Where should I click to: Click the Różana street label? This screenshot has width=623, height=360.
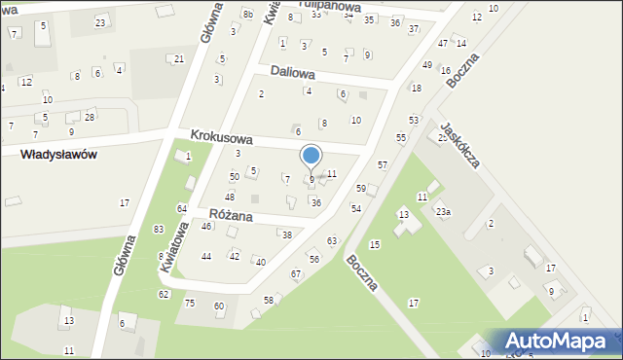(x=231, y=214)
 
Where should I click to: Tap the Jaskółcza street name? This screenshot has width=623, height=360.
(x=459, y=145)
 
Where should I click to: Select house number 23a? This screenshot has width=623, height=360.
(x=443, y=211)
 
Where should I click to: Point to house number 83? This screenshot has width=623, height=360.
(x=159, y=229)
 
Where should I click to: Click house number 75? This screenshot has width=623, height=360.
(x=190, y=303)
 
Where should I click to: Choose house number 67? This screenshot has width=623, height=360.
(x=295, y=274)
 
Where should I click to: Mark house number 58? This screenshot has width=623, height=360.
(x=268, y=300)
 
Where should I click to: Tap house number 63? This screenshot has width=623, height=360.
(x=331, y=240)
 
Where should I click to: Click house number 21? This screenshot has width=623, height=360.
(x=178, y=59)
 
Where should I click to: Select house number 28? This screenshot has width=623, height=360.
(x=90, y=117)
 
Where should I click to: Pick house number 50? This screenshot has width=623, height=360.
(x=234, y=176)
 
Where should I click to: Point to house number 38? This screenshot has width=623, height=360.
(x=285, y=234)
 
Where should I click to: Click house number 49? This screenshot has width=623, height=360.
(x=426, y=64)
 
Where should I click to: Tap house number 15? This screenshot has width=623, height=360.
(x=375, y=244)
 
